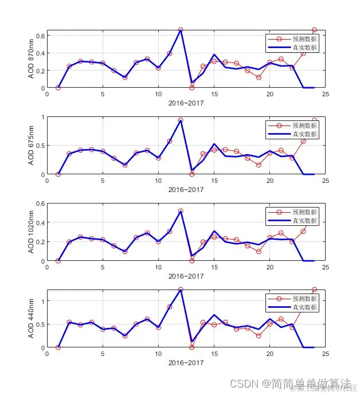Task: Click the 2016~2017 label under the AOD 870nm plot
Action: (186, 103)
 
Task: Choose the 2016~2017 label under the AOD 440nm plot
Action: (186, 363)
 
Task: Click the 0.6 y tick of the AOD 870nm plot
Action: (40, 36)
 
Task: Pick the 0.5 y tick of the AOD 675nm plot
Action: (40, 146)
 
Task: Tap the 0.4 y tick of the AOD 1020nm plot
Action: (40, 222)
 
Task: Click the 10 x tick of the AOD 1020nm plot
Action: (159, 268)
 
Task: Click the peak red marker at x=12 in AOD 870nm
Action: (181, 30)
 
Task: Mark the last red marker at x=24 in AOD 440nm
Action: (314, 290)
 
